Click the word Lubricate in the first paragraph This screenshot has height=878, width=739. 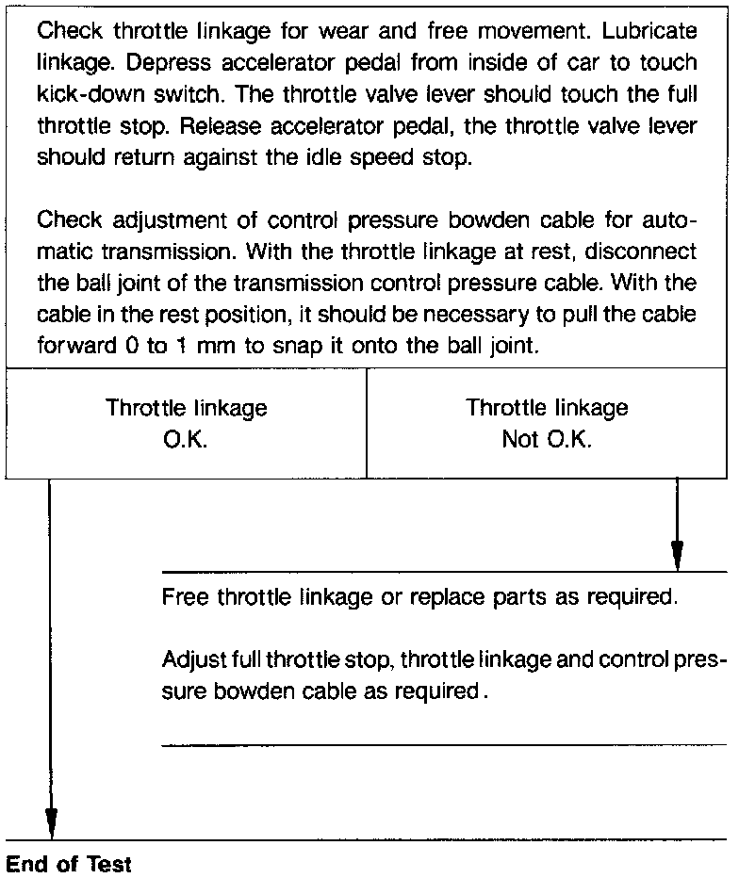coord(651,30)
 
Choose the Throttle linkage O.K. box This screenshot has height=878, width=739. coord(186,423)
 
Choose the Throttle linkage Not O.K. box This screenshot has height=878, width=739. coord(547,423)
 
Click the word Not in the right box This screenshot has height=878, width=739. coord(520,439)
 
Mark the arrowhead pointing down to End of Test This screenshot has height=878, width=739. coord(50,821)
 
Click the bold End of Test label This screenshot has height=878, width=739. coord(69,864)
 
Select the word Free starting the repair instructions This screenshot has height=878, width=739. coord(185,597)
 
